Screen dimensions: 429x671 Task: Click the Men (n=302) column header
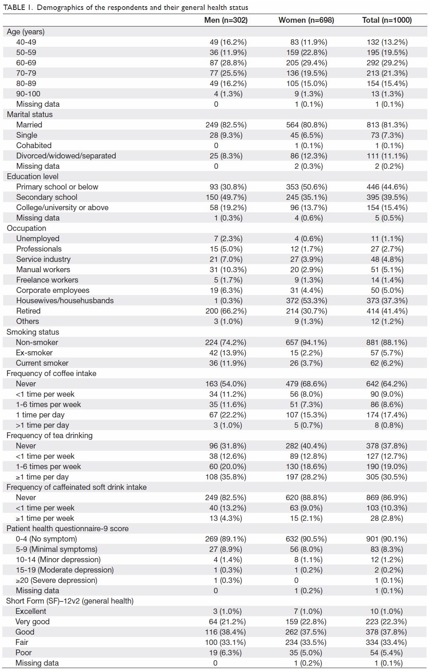pyautogui.click(x=226, y=20)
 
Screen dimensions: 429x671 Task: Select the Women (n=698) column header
pyautogui.click(x=306, y=20)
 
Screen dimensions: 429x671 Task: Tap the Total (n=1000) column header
pyautogui.click(x=387, y=20)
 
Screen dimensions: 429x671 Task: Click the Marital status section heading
pyautogui.click(x=30, y=115)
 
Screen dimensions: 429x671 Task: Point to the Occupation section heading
pyautogui.click(x=26, y=228)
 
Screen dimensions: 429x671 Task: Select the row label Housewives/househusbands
pyautogui.click(x=65, y=300)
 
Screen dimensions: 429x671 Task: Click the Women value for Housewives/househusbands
pyautogui.click(x=307, y=300)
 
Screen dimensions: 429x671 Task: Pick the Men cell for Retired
pyautogui.click(x=226, y=311)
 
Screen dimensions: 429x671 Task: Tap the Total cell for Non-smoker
pyautogui.click(x=387, y=343)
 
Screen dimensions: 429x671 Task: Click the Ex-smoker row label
pyautogui.click(x=34, y=352)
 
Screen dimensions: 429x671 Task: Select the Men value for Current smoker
pyautogui.click(x=228, y=363)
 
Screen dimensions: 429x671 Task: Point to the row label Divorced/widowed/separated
pyautogui.click(x=66, y=156)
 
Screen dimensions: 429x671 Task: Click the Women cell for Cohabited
pyautogui.click(x=308, y=146)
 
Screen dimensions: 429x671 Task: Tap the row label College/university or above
pyautogui.click(x=62, y=208)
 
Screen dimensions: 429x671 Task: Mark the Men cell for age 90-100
pyautogui.click(x=228, y=94)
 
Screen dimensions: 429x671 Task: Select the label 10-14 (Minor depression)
pyautogui.click(x=58, y=560)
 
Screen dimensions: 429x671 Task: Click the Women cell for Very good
pyautogui.click(x=306, y=622)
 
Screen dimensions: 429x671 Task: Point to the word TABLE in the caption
pyautogui.click(x=14, y=7)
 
